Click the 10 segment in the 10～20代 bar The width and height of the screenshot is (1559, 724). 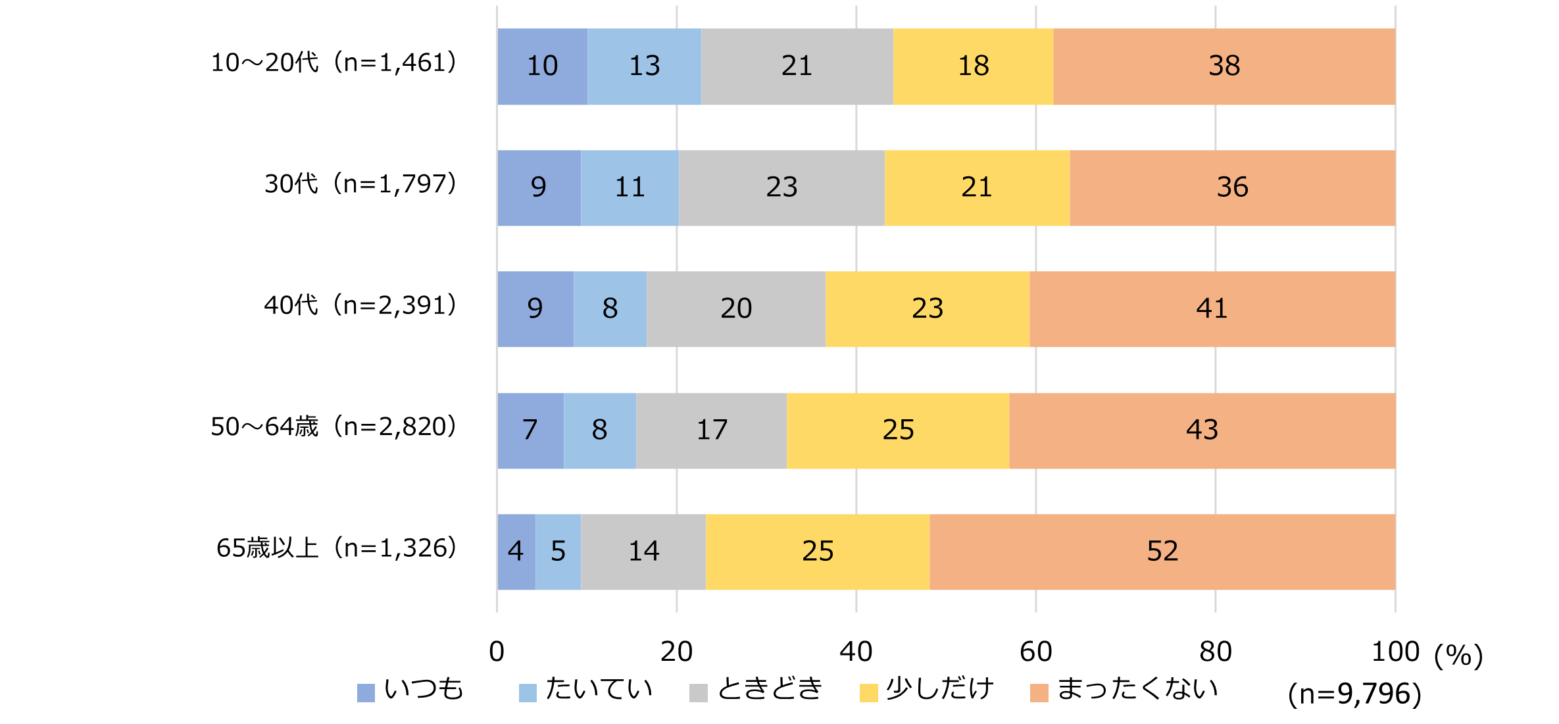pyautogui.click(x=542, y=66)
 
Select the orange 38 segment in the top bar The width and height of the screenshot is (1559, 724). pyautogui.click(x=1224, y=66)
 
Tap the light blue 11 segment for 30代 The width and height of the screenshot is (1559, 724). pyautogui.click(x=630, y=188)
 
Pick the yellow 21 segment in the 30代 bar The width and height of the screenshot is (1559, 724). pyautogui.click(x=977, y=188)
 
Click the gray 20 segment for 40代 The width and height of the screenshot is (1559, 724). pyautogui.click(x=735, y=309)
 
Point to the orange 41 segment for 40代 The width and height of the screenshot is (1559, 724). pyautogui.click(x=1212, y=309)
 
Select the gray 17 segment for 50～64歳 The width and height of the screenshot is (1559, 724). pyautogui.click(x=711, y=430)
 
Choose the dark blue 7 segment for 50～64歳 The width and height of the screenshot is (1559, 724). pyautogui.click(x=530, y=430)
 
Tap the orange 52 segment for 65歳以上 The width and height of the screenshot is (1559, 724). pyautogui.click(x=1162, y=552)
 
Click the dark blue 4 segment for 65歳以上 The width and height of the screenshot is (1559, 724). pyautogui.click(x=516, y=552)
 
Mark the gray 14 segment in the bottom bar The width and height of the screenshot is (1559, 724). pyautogui.click(x=643, y=552)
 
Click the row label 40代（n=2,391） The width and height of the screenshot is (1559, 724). pyautogui.click(x=360, y=305)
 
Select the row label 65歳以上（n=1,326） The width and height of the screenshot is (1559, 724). pyautogui.click(x=336, y=548)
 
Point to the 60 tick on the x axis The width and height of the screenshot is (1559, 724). pyautogui.click(x=1035, y=652)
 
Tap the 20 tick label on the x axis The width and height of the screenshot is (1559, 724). pyautogui.click(x=676, y=652)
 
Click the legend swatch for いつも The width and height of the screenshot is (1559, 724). pyautogui.click(x=366, y=692)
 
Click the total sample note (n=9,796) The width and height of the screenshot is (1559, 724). pyautogui.click(x=1354, y=694)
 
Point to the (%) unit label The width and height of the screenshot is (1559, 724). pyautogui.click(x=1458, y=655)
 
